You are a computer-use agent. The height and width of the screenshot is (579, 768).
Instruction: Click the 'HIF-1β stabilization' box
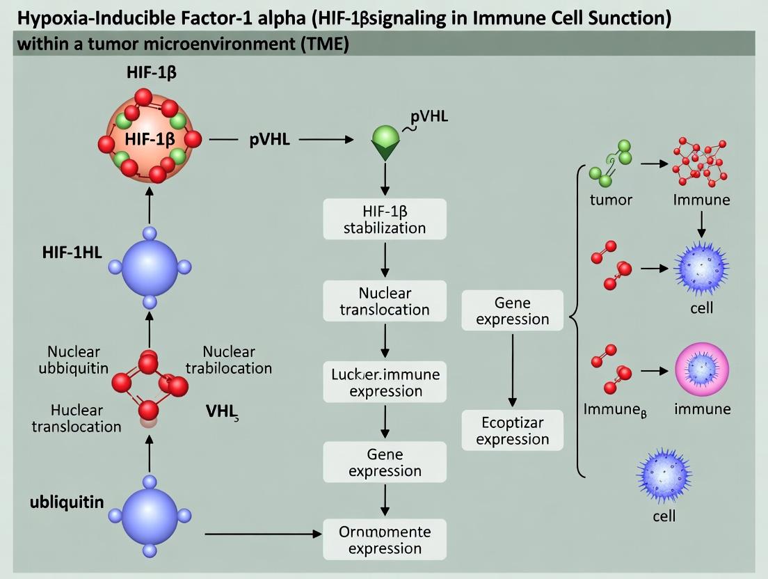tap(385, 219)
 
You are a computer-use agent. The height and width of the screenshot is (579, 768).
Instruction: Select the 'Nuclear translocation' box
tap(385, 301)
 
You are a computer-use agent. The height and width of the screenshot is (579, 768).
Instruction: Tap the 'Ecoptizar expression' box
tap(513, 430)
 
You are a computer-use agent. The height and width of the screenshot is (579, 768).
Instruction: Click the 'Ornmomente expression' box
tap(385, 539)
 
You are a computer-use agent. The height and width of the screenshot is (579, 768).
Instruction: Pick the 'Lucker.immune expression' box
tap(385, 382)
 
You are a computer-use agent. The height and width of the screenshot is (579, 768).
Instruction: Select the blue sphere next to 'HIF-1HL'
tap(150, 267)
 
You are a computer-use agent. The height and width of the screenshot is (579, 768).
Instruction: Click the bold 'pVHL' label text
tap(269, 139)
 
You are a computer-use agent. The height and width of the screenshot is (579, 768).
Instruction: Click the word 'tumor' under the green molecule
tap(611, 200)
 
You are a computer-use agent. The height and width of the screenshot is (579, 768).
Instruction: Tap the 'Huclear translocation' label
tap(77, 418)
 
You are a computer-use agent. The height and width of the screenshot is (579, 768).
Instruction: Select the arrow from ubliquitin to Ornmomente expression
tap(264, 534)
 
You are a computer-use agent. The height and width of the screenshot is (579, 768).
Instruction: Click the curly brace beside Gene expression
tap(575, 320)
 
